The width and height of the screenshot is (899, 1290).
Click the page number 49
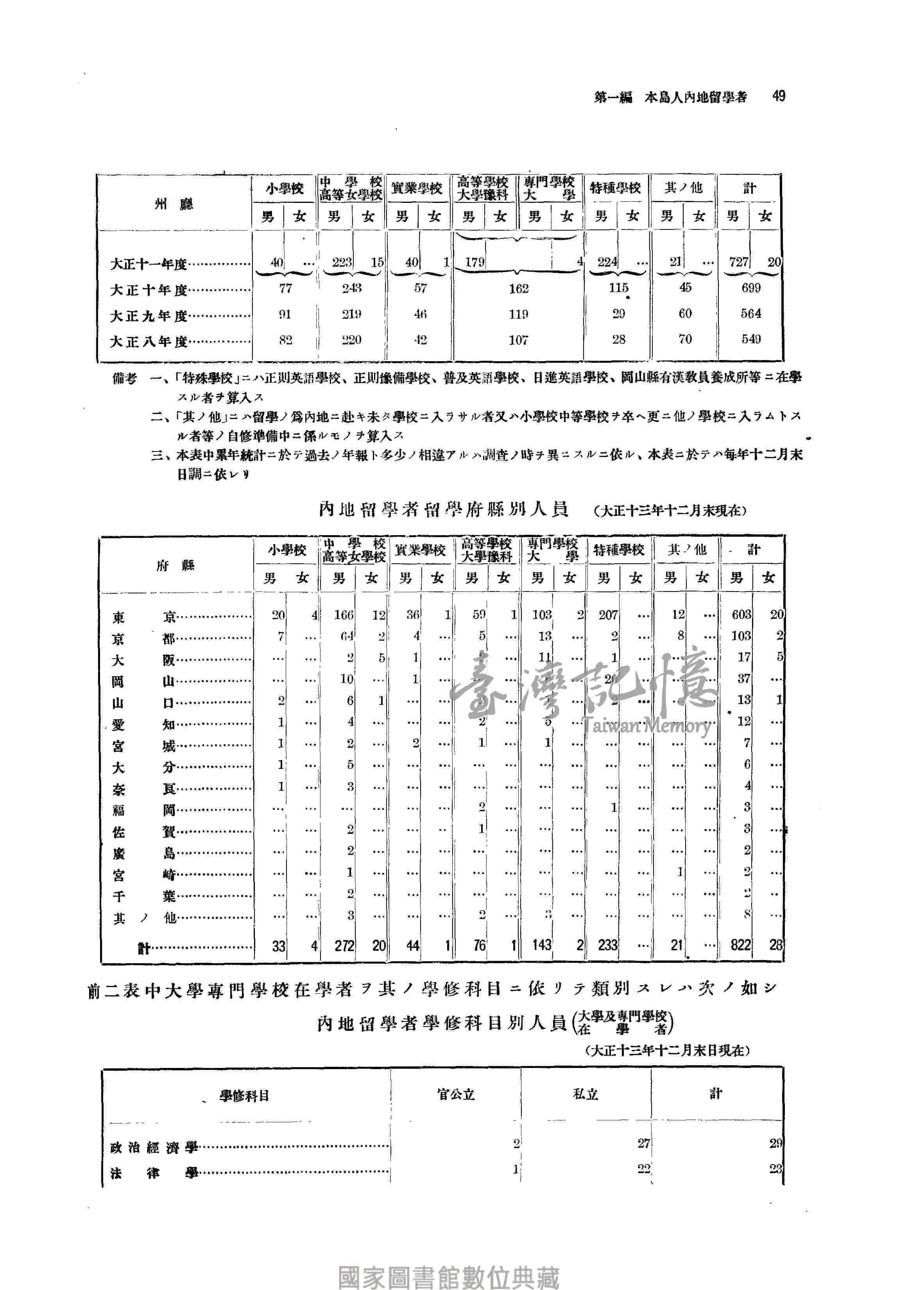[778, 96]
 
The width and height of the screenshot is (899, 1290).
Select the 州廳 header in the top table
[174, 204]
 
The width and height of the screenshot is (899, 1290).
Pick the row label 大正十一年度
[149, 263]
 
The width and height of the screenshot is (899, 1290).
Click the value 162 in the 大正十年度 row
[518, 289]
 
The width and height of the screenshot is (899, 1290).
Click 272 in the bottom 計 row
[344, 946]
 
